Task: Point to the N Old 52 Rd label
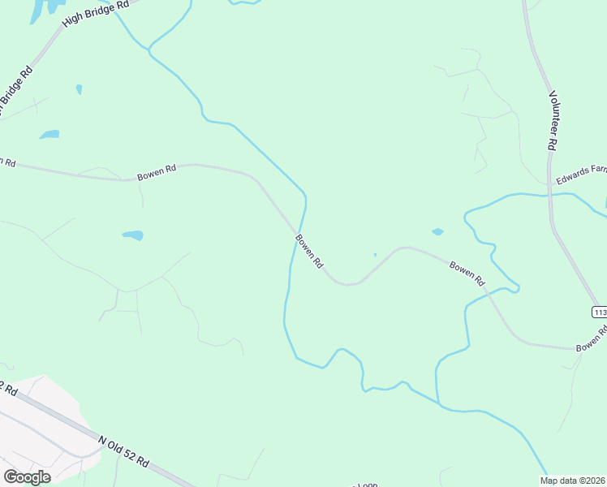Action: pyautogui.click(x=123, y=450)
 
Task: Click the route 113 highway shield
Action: pyautogui.click(x=600, y=312)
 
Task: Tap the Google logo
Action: pyautogui.click(x=27, y=477)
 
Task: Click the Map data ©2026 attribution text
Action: pyautogui.click(x=573, y=480)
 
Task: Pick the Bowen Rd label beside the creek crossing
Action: pyautogui.click(x=309, y=251)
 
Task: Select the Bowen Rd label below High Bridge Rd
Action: pyautogui.click(x=157, y=173)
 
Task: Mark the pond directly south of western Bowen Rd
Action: pyautogui.click(x=132, y=235)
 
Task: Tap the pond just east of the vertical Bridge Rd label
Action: pyautogui.click(x=50, y=134)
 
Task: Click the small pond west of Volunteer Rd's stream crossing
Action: pyautogui.click(x=438, y=232)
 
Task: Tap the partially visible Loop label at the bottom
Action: pyautogui.click(x=365, y=485)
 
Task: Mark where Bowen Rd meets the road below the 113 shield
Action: pyautogui.click(x=576, y=349)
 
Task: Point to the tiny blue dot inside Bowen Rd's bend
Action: pyautogui.click(x=375, y=255)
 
